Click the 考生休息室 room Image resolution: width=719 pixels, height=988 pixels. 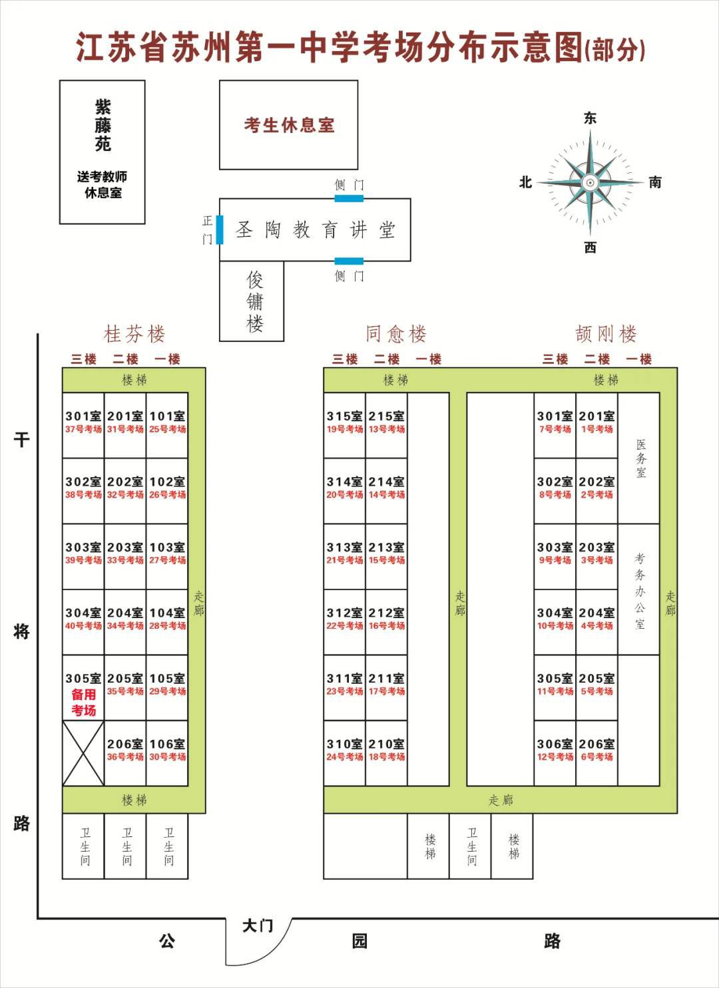coord(288,124)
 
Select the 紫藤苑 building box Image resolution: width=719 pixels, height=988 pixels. coord(102,152)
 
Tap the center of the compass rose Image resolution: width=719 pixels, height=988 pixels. coord(590,182)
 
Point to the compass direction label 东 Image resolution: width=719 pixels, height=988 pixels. coord(590,118)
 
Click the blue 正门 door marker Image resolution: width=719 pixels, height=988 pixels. coord(220,229)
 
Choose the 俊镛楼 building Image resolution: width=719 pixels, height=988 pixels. coord(252,301)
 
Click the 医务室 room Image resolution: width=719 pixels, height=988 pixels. coord(639,458)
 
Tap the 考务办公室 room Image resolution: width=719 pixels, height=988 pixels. coord(639,589)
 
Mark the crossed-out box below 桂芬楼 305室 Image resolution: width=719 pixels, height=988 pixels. coord(83,753)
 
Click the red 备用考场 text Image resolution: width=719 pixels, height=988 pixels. coord(83,703)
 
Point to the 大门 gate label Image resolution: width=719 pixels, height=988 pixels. coord(257,926)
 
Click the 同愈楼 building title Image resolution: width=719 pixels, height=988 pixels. coord(395,334)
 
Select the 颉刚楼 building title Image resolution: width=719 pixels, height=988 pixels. coord(606,334)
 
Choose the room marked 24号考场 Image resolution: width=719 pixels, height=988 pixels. coord(344,752)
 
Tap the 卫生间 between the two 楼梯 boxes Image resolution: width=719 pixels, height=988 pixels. coord(471,846)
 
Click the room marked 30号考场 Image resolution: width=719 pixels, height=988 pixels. coord(166,752)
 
